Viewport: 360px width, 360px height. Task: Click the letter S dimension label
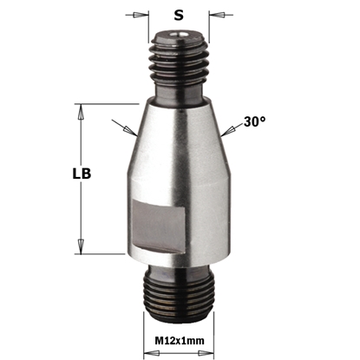click(x=179, y=15)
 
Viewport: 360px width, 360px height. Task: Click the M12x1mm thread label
click(x=180, y=341)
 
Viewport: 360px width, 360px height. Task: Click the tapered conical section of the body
click(x=180, y=139)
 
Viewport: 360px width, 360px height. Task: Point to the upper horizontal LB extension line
click(x=104, y=105)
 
